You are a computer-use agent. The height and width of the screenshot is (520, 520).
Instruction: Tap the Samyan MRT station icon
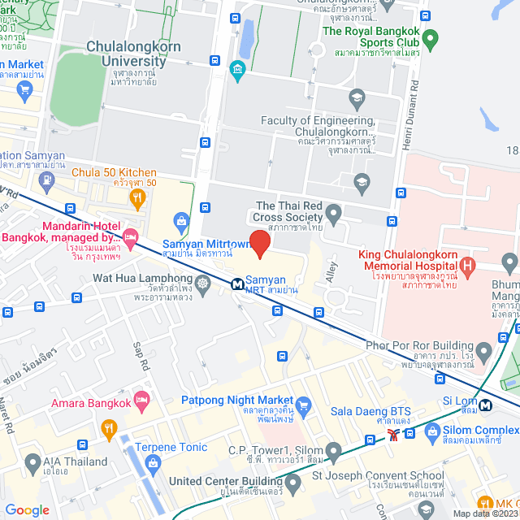pyautogui.click(x=236, y=284)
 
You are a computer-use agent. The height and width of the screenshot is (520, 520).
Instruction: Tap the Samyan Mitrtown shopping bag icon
pyautogui.click(x=180, y=219)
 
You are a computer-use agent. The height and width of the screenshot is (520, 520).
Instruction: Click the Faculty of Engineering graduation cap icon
pyautogui.click(x=356, y=99)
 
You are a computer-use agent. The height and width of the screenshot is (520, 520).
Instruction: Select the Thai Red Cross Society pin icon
pyautogui.click(x=332, y=214)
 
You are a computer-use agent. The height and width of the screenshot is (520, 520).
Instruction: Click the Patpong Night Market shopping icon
pyautogui.click(x=304, y=404)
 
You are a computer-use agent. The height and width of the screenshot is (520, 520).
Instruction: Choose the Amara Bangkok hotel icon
pyautogui.click(x=142, y=400)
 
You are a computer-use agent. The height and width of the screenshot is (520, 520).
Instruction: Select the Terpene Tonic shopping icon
pyautogui.click(x=154, y=463)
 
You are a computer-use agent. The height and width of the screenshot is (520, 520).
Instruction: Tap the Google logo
pyautogui.click(x=27, y=509)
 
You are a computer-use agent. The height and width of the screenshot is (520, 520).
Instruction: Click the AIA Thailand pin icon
pyautogui.click(x=32, y=464)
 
